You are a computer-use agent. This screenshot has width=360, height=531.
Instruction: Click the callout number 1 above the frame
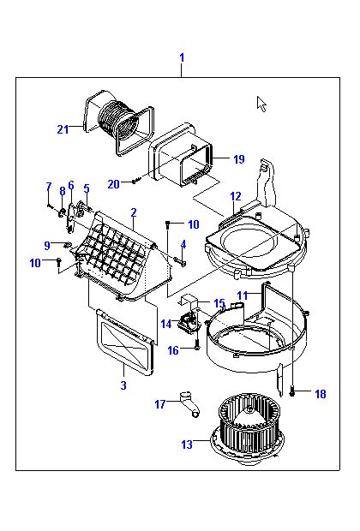point(182,57)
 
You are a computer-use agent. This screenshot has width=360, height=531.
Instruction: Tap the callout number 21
point(63,129)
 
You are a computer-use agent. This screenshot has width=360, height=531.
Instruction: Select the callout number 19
point(239,158)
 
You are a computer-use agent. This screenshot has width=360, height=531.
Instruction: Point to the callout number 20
point(114,184)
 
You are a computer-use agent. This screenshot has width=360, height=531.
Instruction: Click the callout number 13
point(187,444)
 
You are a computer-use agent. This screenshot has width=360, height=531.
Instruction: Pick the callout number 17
point(160,404)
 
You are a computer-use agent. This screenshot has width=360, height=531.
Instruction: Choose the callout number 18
point(321,394)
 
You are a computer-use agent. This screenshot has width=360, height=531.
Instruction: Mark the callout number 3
point(123,385)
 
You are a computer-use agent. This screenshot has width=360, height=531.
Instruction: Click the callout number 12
point(236,196)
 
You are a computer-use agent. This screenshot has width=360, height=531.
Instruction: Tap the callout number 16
point(173,350)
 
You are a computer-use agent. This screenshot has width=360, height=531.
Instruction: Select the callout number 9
point(47,245)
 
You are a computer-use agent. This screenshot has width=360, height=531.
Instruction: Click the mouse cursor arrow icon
point(261,104)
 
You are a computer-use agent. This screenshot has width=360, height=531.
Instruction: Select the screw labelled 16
point(197,346)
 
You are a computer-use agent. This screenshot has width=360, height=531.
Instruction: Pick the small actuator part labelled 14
point(187,322)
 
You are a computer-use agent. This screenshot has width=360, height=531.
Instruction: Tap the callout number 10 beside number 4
point(193,224)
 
